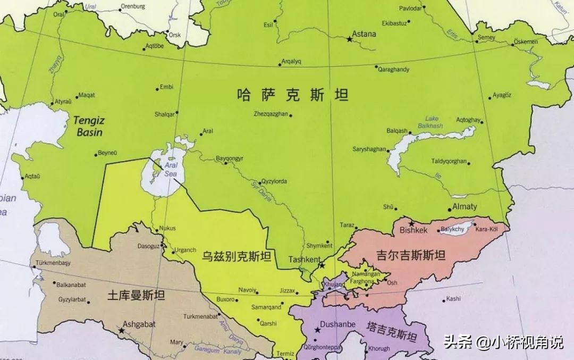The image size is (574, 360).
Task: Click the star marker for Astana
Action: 349,39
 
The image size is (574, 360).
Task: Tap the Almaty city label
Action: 465,206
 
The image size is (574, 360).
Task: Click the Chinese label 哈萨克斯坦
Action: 293,95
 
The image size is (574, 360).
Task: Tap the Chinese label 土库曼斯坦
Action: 136,296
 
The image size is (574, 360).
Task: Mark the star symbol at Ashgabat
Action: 122,330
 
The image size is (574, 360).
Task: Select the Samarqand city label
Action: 266,307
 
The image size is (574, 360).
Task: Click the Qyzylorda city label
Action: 274,181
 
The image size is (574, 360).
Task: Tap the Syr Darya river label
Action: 260,192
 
